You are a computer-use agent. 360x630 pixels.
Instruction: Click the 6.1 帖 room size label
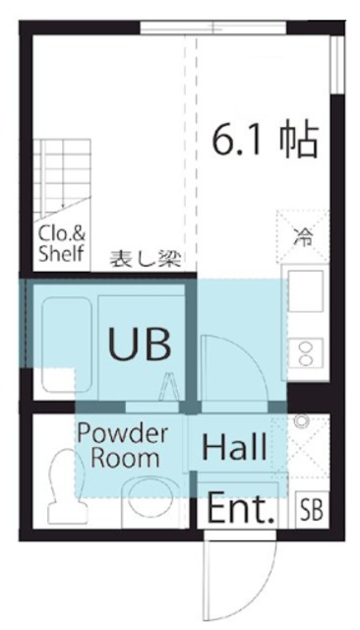(x=265, y=139)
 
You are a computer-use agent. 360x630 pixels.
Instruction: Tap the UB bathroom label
(x=140, y=344)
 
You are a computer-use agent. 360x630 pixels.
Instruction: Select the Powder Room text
(x=122, y=445)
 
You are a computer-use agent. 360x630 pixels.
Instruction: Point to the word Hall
(x=234, y=446)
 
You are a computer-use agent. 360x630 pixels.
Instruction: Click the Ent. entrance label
(x=241, y=509)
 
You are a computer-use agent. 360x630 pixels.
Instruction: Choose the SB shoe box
(x=312, y=510)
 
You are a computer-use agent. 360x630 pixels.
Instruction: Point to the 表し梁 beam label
(x=147, y=260)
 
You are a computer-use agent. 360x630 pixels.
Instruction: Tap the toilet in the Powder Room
(x=67, y=486)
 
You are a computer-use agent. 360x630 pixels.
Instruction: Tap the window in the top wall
(x=213, y=29)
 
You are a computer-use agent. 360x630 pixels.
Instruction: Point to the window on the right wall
(x=337, y=64)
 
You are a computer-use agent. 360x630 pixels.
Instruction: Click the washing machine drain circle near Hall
(x=300, y=420)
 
